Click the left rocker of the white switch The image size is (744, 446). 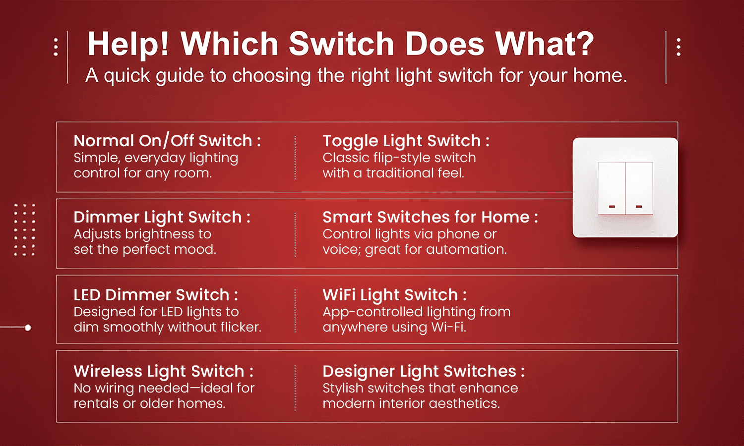(x=612, y=188)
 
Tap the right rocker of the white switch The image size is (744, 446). (x=639, y=188)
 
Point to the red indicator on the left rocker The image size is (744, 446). (x=612, y=206)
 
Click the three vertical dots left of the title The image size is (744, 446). (x=56, y=47)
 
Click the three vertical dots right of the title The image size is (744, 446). (x=679, y=47)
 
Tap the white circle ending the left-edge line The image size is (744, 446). (x=28, y=328)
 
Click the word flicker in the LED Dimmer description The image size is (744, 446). (x=242, y=327)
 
